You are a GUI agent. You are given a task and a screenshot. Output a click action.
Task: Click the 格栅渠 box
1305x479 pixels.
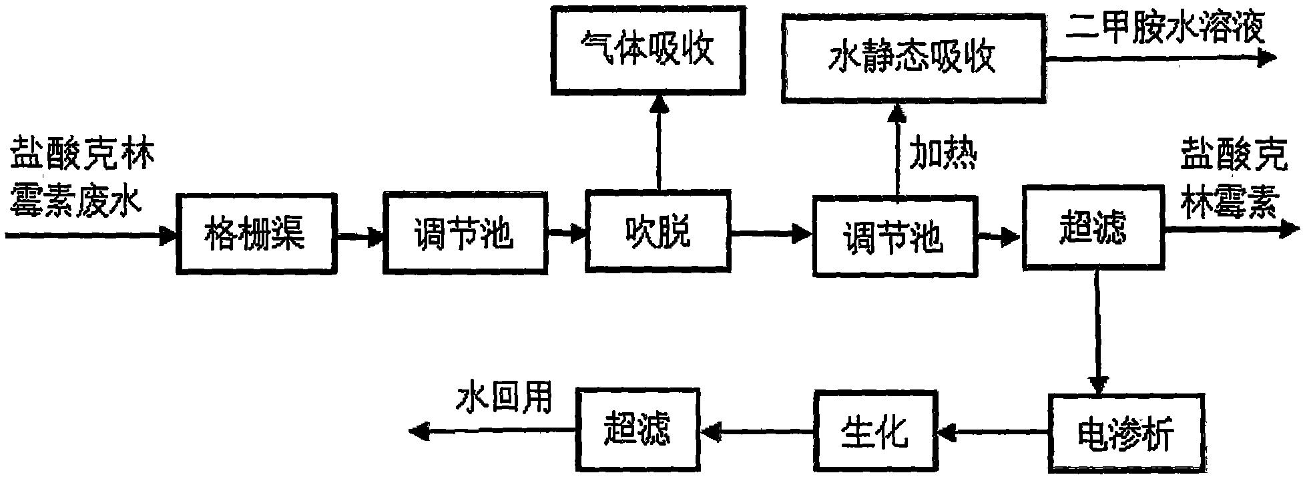(256, 233)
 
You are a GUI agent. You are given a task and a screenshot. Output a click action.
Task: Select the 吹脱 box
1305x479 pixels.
(658, 231)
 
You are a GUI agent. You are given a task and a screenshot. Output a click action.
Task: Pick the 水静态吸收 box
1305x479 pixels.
(913, 58)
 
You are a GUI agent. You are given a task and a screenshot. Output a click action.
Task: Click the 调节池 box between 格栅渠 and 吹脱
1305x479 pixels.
(464, 233)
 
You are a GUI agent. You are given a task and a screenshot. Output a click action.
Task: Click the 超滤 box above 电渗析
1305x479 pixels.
(1093, 228)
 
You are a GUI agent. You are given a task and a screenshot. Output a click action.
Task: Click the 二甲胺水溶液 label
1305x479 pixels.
(1164, 28)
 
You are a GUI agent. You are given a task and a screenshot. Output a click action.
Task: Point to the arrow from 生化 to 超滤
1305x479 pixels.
(753, 432)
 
